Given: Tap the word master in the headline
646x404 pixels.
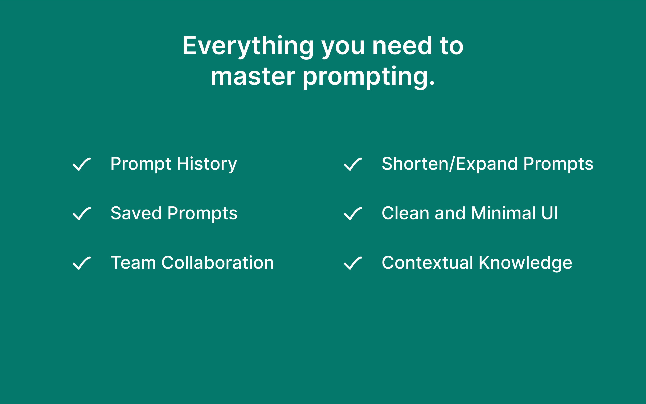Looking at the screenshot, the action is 253,77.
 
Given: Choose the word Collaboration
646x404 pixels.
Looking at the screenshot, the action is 218,263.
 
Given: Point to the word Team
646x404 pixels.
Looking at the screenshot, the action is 133,263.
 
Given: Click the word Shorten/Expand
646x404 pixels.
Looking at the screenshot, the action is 450,164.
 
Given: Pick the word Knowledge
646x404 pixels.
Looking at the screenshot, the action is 526,263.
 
